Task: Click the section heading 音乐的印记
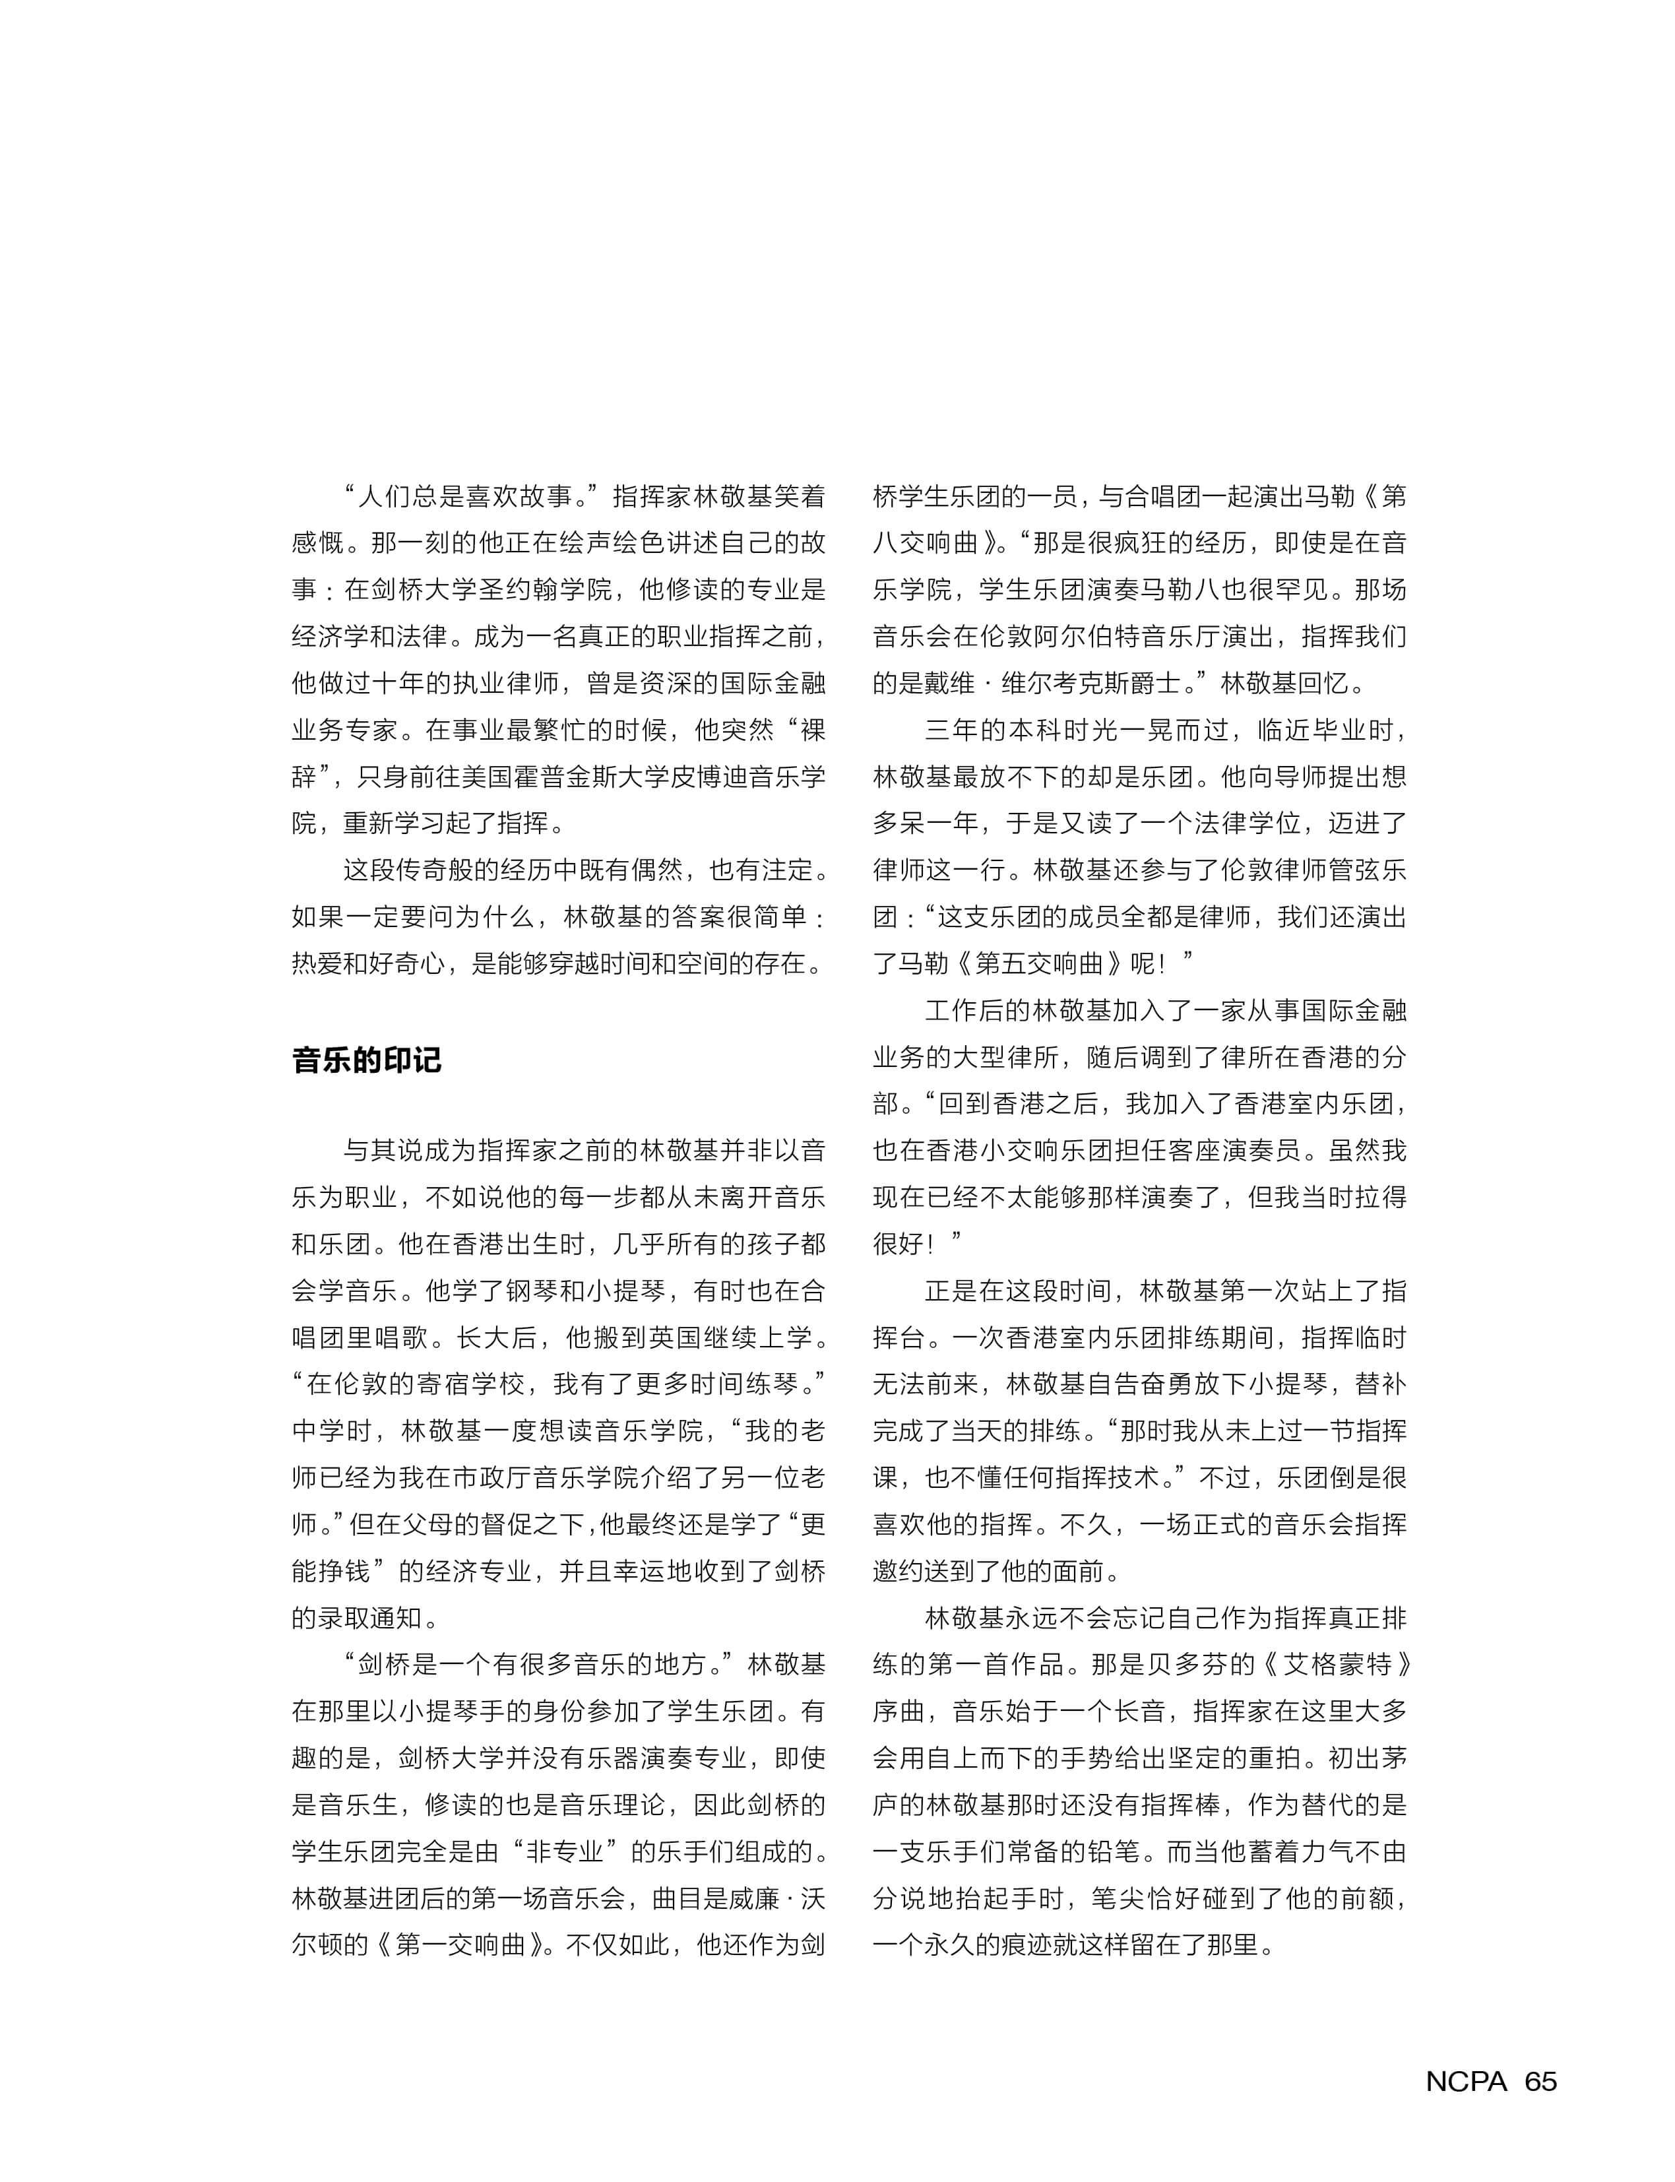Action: (366, 1059)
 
